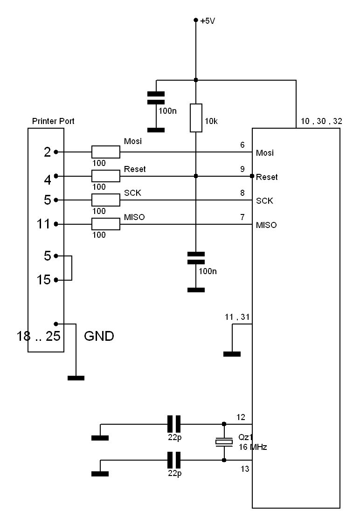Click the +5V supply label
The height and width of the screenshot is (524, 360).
click(x=207, y=21)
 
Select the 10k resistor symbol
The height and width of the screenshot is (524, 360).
click(x=196, y=118)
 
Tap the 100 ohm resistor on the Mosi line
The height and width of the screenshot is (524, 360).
click(x=105, y=152)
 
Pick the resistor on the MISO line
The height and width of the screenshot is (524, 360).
click(x=105, y=224)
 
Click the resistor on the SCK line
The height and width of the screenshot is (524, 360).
click(x=105, y=200)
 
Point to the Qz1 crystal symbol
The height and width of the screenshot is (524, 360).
click(x=224, y=442)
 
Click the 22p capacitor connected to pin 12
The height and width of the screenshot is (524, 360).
click(x=174, y=424)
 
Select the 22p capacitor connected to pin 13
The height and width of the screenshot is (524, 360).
click(x=174, y=460)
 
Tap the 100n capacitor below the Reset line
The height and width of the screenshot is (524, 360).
click(x=196, y=258)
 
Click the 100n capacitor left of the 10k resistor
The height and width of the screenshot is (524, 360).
click(x=156, y=98)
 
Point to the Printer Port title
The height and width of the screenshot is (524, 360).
click(x=53, y=121)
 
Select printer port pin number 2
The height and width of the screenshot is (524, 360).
click(x=47, y=152)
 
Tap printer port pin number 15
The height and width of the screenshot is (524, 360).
click(x=44, y=280)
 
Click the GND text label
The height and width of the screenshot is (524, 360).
click(x=99, y=336)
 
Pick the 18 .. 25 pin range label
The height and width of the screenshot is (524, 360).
click(x=39, y=336)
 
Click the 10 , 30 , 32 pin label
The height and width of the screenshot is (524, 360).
click(x=321, y=121)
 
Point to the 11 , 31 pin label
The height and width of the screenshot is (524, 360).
click(x=237, y=317)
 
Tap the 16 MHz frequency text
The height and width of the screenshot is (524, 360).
click(x=253, y=447)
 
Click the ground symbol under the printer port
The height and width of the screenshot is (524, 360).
click(x=76, y=378)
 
